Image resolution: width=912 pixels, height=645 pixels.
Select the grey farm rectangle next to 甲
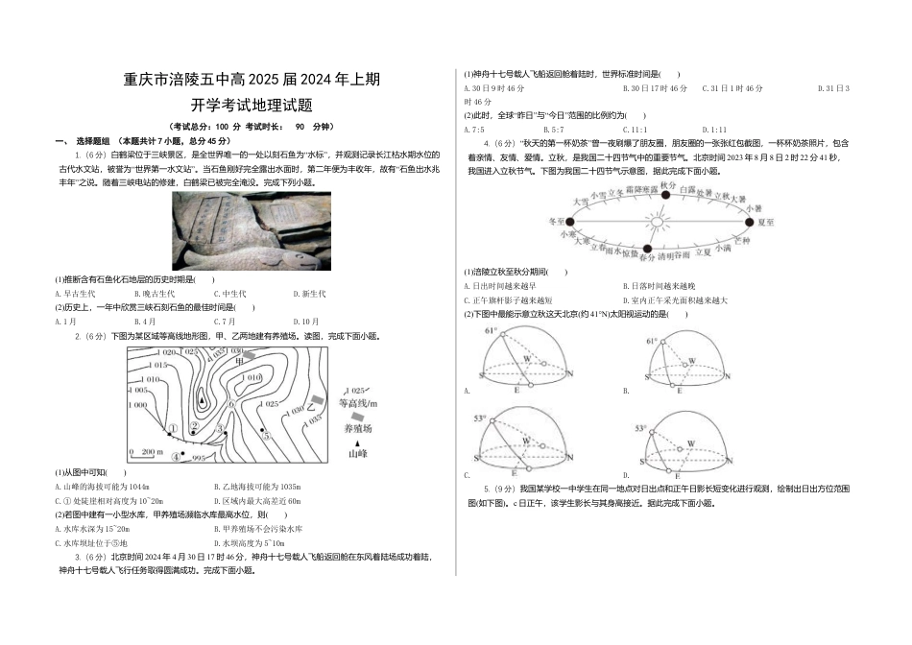[x=249, y=355]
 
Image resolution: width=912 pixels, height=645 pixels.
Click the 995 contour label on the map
[x=199, y=458]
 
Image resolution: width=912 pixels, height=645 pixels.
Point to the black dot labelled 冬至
[x=569, y=221]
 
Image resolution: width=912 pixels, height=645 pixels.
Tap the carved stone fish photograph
[x=251, y=231]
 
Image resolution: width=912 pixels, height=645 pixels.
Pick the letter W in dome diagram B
[x=689, y=362]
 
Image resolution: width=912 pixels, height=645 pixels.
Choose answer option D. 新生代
[x=309, y=294]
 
